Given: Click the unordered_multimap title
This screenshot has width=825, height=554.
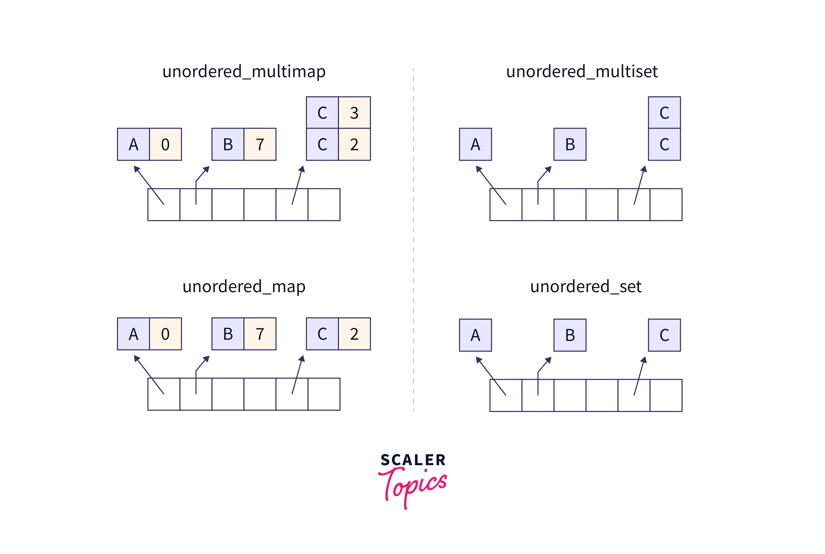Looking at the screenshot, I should point(244,72).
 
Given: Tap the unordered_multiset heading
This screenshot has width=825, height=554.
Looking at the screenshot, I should point(582,72).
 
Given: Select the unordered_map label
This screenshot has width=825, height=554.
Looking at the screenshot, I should point(244,287).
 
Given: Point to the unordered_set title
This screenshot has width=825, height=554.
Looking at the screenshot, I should point(586,287).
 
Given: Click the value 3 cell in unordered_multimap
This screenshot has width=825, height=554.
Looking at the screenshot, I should point(354,113).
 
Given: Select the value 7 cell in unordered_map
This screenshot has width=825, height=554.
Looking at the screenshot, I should point(260,334).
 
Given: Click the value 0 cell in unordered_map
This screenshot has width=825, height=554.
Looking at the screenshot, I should point(165,334).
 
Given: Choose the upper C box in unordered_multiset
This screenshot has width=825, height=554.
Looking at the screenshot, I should point(664,113).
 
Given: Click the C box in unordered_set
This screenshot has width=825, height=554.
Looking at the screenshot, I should point(664,335).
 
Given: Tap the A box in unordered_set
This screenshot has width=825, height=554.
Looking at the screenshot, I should point(475,335).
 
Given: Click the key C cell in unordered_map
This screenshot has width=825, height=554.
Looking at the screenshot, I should point(322,334).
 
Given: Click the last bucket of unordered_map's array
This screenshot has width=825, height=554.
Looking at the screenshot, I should point(324,394).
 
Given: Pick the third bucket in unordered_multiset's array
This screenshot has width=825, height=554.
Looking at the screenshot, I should point(569,205).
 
